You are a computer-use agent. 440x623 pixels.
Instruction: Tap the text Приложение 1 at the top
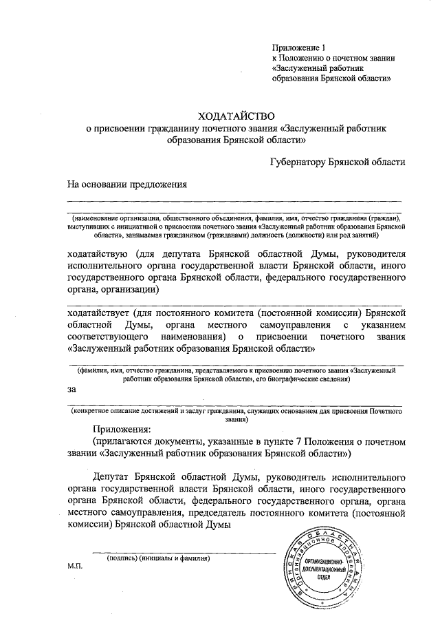click(x=298, y=47)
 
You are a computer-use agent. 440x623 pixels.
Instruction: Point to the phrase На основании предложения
click(x=127, y=184)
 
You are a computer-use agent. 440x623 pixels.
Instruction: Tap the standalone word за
click(x=71, y=389)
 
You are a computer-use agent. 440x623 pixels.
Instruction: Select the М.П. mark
click(x=74, y=565)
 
